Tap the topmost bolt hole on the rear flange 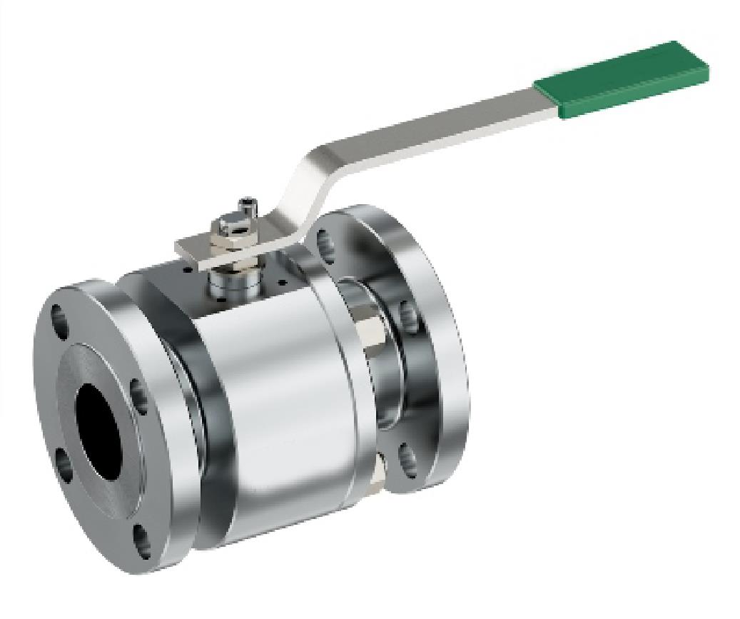(325, 242)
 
